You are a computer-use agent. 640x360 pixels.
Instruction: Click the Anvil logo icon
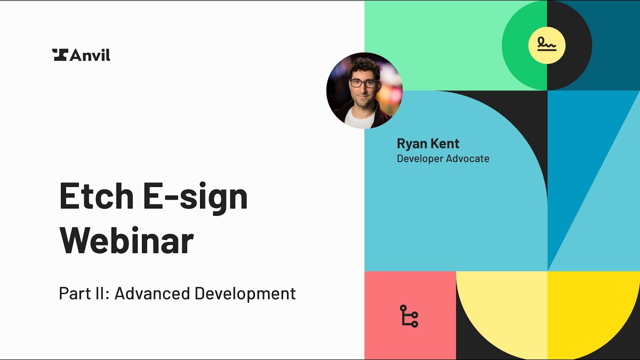59,55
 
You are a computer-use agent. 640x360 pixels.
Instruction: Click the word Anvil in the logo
90,55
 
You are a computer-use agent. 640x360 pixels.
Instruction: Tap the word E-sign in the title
195,196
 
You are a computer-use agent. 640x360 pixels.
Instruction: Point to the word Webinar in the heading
126,240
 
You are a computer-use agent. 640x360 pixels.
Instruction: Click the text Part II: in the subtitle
83,293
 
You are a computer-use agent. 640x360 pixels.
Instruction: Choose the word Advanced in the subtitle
151,293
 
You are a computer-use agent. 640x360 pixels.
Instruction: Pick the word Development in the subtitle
245,293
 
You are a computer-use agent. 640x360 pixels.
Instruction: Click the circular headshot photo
364,90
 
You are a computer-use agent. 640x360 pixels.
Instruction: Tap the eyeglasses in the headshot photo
363,83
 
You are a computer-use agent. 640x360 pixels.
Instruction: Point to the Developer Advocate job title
442,159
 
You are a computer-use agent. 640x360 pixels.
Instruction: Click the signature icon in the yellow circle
547,45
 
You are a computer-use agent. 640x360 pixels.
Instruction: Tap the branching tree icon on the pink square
409,316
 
